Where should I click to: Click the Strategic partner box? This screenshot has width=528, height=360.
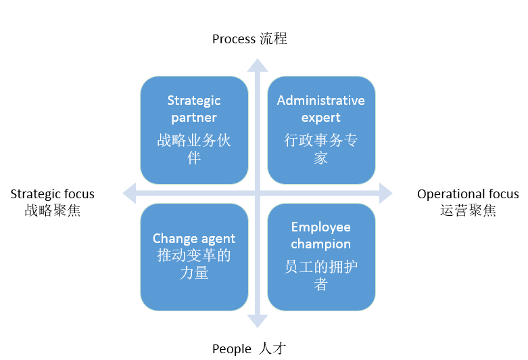pos(194,129)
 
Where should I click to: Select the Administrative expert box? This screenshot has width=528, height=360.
pos(321,129)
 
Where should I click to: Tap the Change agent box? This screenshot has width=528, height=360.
pos(194,256)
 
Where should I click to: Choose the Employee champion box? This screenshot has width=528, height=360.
pos(321,256)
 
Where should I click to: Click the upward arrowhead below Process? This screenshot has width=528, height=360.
pos(257,66)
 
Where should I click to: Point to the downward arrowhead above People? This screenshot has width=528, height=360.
pos(257,321)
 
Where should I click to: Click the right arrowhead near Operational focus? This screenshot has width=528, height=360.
pos(385,194)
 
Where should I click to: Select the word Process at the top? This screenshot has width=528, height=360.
pos(234,39)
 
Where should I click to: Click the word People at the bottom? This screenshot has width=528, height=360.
pos(232,349)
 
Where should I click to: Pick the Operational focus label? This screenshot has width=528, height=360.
pos(467,194)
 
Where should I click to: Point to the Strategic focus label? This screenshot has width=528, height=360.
pos(52,194)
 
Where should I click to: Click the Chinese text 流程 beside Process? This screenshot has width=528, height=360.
pos(273,39)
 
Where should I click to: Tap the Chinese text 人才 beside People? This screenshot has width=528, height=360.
pos(272,349)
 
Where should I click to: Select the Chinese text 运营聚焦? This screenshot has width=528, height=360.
pos(468,210)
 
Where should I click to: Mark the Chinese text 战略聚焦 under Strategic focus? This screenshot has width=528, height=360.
pos(52,210)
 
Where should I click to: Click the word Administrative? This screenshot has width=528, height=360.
pos(321,101)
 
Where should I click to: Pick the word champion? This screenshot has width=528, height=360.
pos(321,244)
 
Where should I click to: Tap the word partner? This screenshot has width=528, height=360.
pos(194,117)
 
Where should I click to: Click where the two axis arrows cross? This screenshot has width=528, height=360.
pos(257,194)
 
